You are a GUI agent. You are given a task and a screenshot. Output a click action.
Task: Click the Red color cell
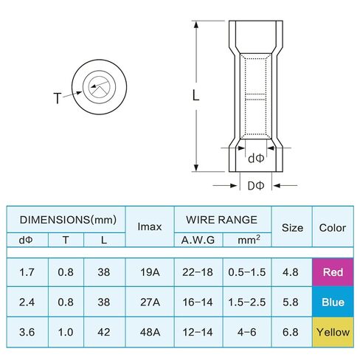[x=333, y=272]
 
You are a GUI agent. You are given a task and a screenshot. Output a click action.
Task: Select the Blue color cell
[x=333, y=302]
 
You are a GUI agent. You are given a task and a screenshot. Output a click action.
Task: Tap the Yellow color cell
[x=333, y=332]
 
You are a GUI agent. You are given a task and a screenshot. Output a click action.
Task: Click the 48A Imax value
[x=150, y=332]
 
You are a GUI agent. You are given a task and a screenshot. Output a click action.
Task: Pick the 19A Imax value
[x=150, y=272]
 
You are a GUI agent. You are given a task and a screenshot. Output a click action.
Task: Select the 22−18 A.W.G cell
[x=198, y=272]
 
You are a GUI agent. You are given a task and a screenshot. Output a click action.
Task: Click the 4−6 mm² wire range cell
[x=247, y=332]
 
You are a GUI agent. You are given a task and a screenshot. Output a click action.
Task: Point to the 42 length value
[x=104, y=332]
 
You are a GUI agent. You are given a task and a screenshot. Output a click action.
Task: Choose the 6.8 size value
[x=291, y=332]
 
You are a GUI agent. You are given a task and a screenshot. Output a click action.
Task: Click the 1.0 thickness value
[x=66, y=332]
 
